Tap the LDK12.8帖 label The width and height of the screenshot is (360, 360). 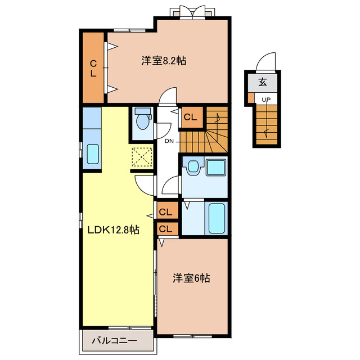113,229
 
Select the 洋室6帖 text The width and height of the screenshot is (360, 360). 192,278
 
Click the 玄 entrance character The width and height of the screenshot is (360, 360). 263,82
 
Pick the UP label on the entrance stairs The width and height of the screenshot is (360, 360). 266,100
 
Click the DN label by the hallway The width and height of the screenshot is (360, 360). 169,141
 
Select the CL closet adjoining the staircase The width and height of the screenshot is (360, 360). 190,117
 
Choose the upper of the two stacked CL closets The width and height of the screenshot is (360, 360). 165,212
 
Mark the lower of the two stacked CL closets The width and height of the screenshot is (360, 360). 165,229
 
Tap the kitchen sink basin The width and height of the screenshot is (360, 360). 92,155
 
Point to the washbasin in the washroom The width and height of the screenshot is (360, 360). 195,167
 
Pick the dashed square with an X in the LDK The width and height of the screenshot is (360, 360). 142,156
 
